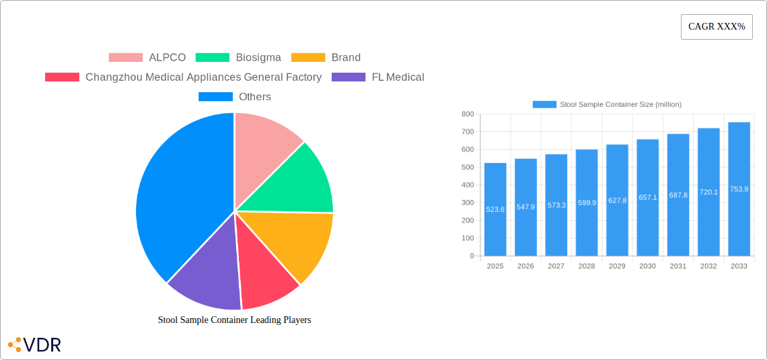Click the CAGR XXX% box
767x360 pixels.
[x=717, y=27]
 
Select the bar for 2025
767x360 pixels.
[x=495, y=209]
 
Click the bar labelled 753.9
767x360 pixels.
[x=739, y=189]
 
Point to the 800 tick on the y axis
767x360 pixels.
[x=467, y=114]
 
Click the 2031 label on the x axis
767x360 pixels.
[x=678, y=266]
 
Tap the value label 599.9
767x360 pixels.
[x=587, y=203]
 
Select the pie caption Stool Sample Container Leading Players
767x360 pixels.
[x=234, y=320]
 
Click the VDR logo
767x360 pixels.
[x=35, y=345]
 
